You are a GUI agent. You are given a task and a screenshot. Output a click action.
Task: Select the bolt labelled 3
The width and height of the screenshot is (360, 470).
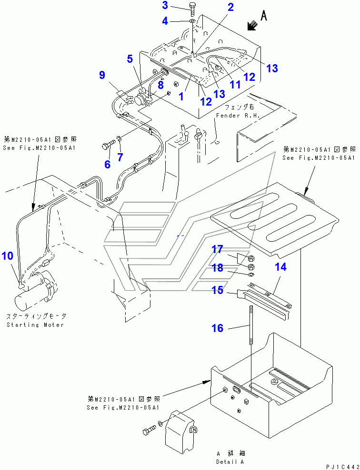pos(191,9)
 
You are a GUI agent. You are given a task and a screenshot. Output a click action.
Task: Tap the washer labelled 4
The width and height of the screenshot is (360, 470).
pos(191,21)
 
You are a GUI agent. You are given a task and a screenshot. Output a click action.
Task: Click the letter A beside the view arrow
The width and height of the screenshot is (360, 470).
pos(265,16)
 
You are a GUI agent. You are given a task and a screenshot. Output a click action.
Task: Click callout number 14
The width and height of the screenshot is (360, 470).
pos(281,267)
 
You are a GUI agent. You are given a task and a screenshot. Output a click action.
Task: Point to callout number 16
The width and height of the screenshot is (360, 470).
pos(217,328)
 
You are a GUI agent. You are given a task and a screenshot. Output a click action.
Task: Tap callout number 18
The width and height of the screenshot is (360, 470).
pos(217,268)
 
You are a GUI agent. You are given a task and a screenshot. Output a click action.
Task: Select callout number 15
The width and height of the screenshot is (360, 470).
pos(217,290)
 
